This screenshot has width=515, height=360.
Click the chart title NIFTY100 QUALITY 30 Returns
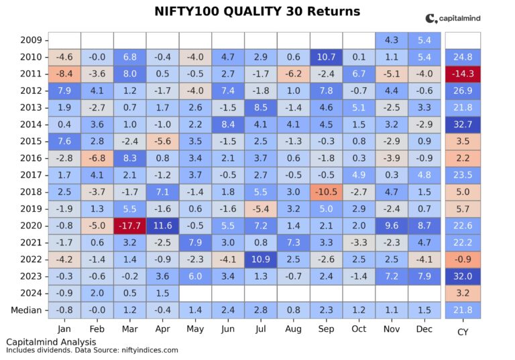(x=257, y=11)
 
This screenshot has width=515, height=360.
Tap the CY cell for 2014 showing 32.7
(x=463, y=125)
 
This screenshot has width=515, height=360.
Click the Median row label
(x=25, y=310)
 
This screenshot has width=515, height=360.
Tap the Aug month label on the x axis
(x=294, y=329)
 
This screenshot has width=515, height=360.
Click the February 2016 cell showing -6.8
(x=97, y=158)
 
